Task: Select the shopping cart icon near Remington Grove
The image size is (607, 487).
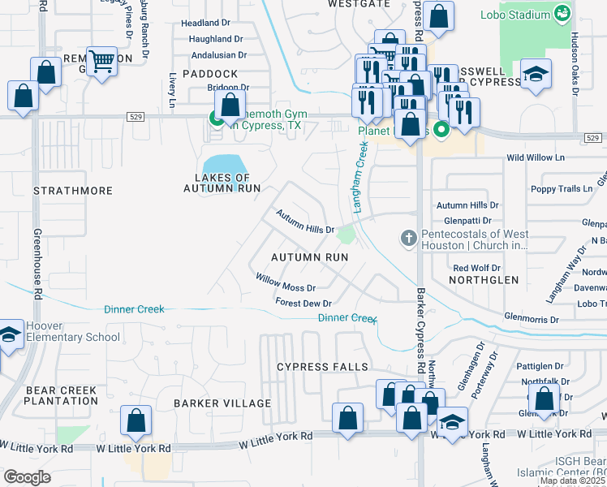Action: pos(101,61)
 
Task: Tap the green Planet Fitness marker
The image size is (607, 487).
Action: pos(441,129)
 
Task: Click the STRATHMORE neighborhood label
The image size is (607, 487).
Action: pos(73,191)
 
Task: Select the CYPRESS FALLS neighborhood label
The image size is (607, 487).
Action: pos(322,367)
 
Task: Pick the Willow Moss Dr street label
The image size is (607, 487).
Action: pos(286,282)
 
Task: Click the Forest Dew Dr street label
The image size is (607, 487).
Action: pos(303,303)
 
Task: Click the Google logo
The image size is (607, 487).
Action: pos(28,476)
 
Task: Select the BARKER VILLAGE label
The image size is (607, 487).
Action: pos(222,403)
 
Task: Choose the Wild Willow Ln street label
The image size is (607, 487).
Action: pos(535,157)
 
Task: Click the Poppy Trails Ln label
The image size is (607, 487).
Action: pos(561,188)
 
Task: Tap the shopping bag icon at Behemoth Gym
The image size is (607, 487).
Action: pos(230,104)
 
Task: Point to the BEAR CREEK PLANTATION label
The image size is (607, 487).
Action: pos(62,397)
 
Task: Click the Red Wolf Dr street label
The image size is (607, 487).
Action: pos(476,268)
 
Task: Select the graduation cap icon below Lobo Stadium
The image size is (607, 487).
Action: pos(535,75)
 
